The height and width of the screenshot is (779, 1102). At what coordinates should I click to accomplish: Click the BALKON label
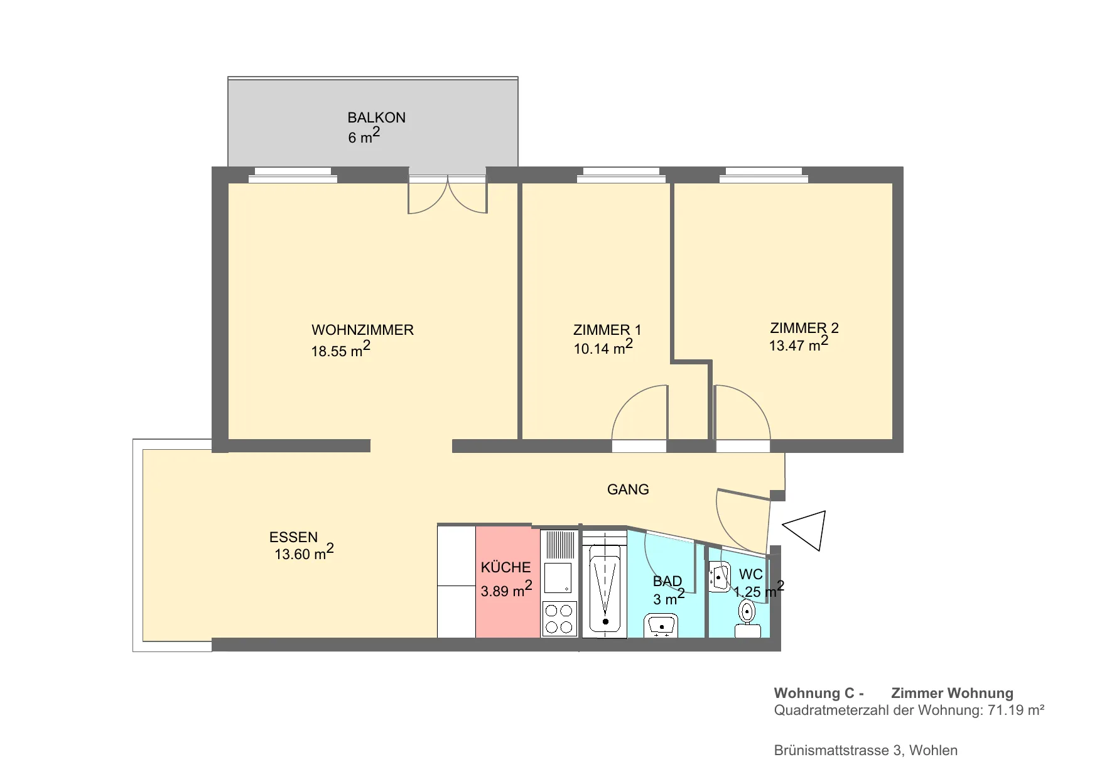[x=376, y=117]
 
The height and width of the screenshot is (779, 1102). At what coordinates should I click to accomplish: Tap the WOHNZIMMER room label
[x=362, y=330]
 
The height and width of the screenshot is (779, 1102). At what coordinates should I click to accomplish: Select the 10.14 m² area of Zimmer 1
[x=603, y=347]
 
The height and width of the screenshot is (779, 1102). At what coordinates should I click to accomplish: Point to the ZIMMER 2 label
[x=804, y=328]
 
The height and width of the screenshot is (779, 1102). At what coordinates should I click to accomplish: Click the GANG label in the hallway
[x=628, y=489]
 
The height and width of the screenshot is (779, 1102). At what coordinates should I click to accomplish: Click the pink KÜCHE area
[x=507, y=582]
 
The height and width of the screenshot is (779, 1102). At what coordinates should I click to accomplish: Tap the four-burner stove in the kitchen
[x=559, y=619]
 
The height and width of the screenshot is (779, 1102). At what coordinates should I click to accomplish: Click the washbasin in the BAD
[x=661, y=626]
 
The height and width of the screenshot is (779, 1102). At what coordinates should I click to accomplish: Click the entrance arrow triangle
[x=805, y=530]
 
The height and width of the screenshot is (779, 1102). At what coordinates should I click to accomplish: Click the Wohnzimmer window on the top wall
[x=293, y=175]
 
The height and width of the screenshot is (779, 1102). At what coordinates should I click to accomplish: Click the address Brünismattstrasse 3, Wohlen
[x=866, y=750]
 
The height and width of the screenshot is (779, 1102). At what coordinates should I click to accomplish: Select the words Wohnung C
[x=814, y=693]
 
